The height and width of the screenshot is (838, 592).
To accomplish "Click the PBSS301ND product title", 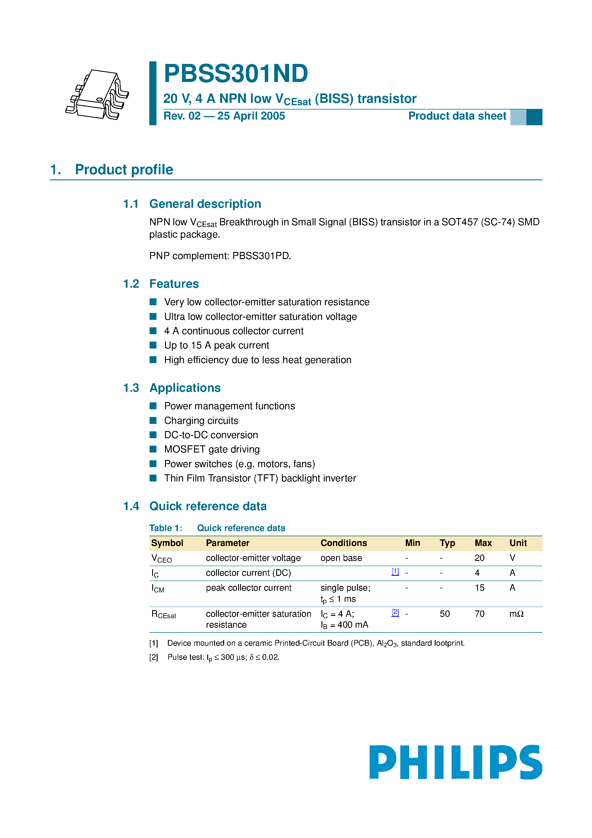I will (236, 74).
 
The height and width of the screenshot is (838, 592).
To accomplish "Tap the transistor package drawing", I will (97, 95).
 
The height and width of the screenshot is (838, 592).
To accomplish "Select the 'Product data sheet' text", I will (457, 116).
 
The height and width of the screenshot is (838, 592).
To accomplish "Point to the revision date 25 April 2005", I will (251, 116).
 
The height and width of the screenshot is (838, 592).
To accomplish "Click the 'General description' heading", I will (205, 204).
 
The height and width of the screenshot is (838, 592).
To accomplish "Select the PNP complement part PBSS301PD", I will (261, 256).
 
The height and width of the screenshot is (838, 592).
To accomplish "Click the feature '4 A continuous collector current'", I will (234, 331).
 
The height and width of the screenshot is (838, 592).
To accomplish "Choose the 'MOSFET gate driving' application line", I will (212, 449).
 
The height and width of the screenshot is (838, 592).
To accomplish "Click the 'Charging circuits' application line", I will (201, 420).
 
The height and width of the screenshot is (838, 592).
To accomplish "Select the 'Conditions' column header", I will (344, 543).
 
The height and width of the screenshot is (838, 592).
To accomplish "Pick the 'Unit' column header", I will (517, 543).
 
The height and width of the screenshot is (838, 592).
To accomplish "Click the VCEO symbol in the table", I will (161, 558).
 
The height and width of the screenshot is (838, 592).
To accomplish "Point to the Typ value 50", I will (444, 614).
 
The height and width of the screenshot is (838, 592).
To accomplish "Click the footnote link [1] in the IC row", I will (395, 571).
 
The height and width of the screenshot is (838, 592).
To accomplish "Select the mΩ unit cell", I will (516, 614).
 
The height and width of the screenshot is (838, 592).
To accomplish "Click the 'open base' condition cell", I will (341, 558).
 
